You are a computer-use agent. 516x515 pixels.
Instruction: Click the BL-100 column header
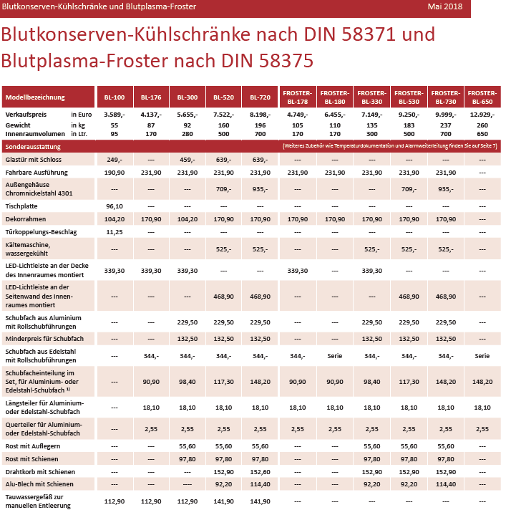coord(115,97)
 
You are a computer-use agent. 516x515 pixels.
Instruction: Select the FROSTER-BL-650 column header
coord(482,97)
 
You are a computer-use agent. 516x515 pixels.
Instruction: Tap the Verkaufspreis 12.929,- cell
coord(482,115)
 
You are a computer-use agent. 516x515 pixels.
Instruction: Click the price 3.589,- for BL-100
coord(115,115)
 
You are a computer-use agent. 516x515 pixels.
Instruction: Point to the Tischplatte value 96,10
coord(115,206)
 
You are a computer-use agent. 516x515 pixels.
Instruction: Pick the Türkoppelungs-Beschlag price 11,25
coord(115,232)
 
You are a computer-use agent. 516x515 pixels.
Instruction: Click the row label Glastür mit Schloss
coord(34,160)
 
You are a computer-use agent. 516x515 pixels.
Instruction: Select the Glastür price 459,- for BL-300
coord(188,160)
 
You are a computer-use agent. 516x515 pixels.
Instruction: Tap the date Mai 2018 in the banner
coord(445,6)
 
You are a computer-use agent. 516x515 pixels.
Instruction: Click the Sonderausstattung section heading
coord(33,147)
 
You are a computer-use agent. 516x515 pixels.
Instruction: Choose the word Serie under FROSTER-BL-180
coord(335,356)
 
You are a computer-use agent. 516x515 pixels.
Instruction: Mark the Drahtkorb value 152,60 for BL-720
coord(260,472)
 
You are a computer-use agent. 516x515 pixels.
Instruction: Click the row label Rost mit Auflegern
coord(33,446)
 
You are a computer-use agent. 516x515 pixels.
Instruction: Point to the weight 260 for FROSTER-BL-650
coord(482,125)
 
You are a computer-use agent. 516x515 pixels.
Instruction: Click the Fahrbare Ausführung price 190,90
coord(115,173)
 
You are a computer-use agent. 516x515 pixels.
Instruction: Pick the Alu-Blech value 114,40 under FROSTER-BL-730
coord(446,484)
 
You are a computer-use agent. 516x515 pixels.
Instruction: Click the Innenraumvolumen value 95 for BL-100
coord(115,134)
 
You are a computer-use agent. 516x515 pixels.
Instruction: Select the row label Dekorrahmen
coord(26,219)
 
